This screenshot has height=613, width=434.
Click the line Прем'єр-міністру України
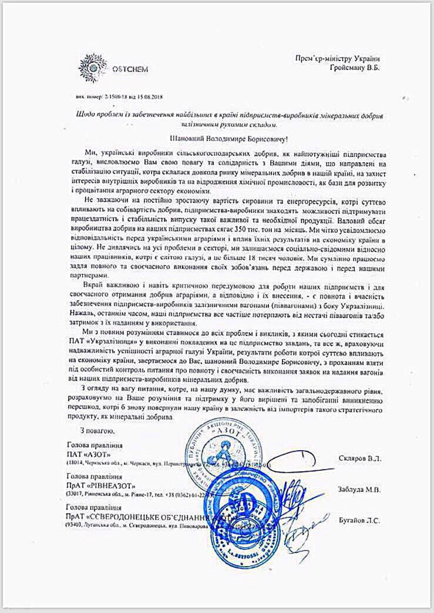coord(337,58)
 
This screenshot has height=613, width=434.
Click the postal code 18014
coord(76,463)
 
